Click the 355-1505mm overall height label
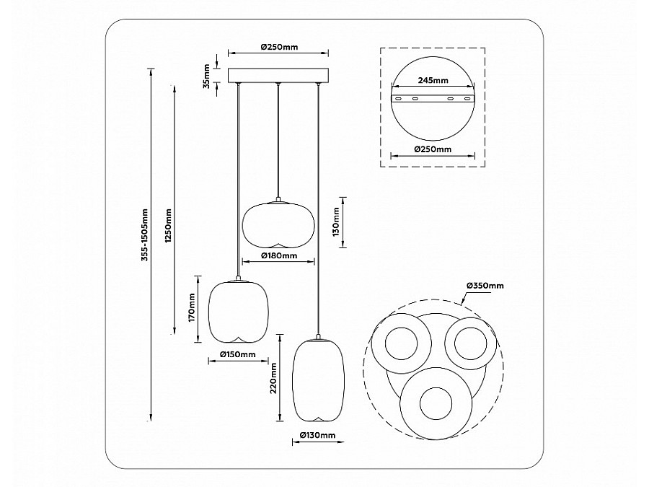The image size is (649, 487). (x=144, y=234)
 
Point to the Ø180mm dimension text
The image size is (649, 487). (x=279, y=255)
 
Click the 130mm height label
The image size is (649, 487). (x=335, y=222)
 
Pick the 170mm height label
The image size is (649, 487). (x=191, y=307)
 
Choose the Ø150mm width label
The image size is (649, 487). (x=237, y=354)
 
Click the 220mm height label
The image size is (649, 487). (x=273, y=378)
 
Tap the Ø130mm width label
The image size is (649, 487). (x=317, y=435)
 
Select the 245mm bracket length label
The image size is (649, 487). (x=433, y=80)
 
